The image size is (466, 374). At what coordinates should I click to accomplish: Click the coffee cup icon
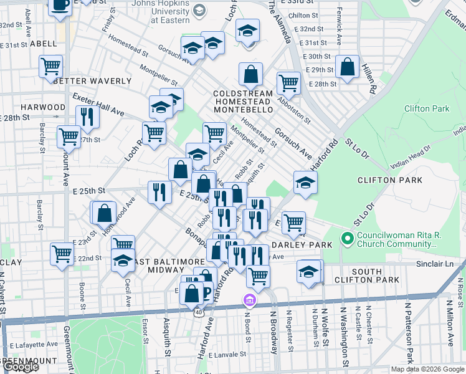coord(60,6)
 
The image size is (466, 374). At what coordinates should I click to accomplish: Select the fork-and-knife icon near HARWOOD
coord(87,117)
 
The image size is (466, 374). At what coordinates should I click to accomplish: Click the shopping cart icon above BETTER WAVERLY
coord(50,66)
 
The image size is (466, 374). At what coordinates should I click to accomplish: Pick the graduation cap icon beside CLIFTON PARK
coord(305,183)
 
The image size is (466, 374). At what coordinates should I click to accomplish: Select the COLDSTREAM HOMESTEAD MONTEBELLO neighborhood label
coord(243,102)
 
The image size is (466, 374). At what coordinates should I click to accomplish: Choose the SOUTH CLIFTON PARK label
coord(375,276)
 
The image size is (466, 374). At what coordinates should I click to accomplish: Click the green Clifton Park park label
coord(426,108)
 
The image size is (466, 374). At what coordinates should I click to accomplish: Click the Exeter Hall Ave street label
coord(97,105)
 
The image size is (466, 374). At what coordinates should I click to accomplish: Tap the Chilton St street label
coord(303,16)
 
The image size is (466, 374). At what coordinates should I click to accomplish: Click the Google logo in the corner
coord(21,367)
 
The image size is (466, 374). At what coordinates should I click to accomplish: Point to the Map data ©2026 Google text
coord(427,369)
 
